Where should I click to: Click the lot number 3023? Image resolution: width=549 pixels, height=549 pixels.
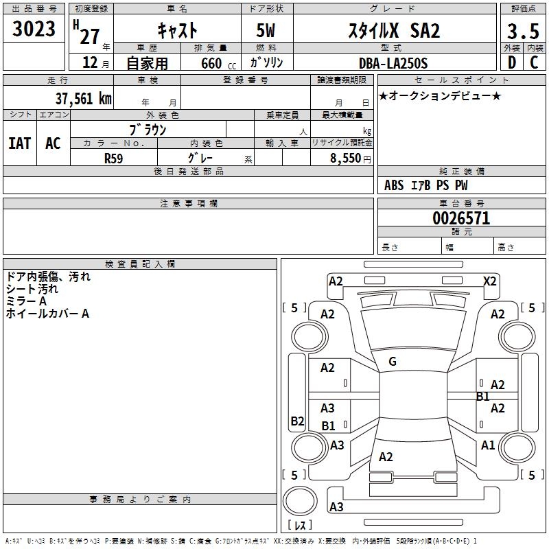tap(34, 30)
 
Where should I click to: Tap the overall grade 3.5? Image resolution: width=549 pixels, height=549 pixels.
tap(522, 31)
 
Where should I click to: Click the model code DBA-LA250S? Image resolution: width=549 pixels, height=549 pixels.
tap(393, 63)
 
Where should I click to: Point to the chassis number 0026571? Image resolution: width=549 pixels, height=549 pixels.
tap(461, 219)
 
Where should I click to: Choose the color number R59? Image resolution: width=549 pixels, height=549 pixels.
tap(114, 157)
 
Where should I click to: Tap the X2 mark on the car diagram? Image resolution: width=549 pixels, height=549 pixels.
tap(489, 281)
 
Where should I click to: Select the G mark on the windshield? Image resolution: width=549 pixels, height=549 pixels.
tap(393, 362)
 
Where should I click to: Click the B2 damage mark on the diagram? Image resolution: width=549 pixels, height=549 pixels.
tap(297, 421)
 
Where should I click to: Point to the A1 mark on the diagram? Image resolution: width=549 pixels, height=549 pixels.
tap(488, 445)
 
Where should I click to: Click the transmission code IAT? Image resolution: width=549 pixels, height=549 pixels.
tap(19, 143)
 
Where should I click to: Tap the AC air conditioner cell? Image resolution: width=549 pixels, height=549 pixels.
tap(53, 143)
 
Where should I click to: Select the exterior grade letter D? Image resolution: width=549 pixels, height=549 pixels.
tap(511, 63)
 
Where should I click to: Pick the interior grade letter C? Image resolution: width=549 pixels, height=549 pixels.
tap(534, 63)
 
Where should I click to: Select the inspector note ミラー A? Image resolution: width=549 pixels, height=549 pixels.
tap(26, 301)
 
